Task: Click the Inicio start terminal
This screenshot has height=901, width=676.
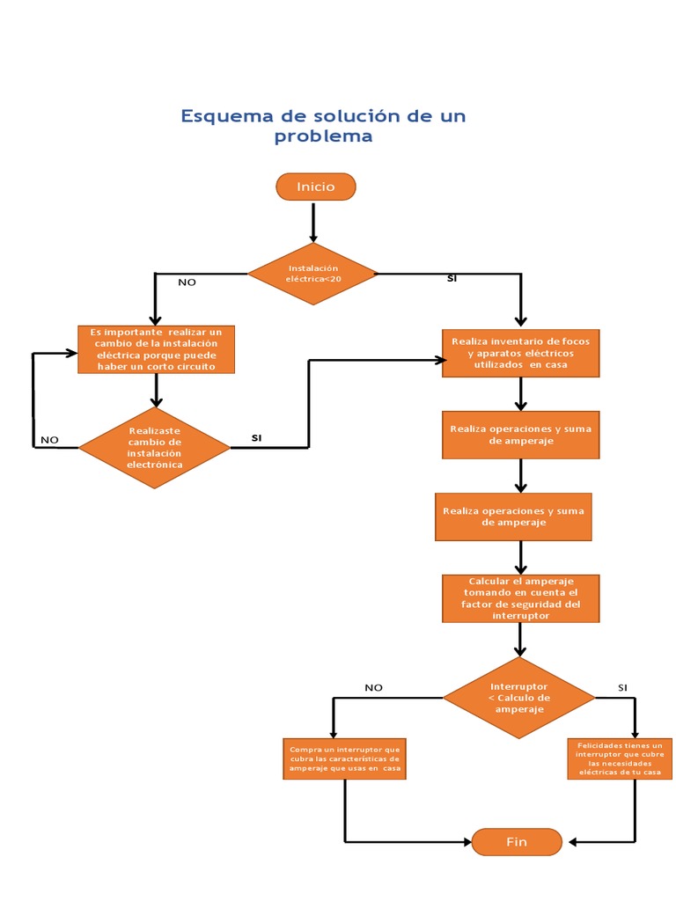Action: (315, 187)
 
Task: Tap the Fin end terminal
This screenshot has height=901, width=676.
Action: (517, 842)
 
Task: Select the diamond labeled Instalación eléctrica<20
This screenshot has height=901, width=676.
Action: (312, 274)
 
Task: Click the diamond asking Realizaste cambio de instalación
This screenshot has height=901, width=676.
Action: (155, 447)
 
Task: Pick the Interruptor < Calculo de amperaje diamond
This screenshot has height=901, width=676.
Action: (518, 698)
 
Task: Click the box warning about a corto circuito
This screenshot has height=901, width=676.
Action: (155, 349)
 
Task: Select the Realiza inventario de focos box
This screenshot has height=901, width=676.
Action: (520, 353)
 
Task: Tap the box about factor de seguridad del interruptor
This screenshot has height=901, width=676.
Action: (521, 598)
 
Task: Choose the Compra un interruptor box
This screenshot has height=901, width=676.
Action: (344, 758)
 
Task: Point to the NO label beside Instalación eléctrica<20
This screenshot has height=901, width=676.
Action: (187, 282)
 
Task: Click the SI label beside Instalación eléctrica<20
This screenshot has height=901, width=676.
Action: (452, 278)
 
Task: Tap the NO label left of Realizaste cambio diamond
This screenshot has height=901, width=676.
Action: (49, 440)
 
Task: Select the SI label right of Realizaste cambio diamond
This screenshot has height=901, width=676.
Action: (256, 437)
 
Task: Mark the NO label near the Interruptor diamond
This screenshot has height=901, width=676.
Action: (373, 688)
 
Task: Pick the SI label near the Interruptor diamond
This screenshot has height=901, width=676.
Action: (622, 687)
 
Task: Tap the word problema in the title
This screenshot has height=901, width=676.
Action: (323, 136)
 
